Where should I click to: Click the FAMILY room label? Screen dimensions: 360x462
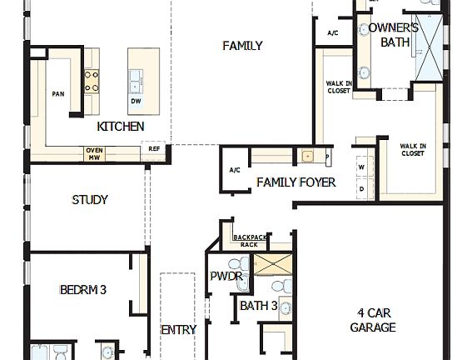point(242,46)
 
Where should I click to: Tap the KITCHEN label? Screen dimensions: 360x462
point(121,127)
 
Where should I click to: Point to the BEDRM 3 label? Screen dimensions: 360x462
point(83,290)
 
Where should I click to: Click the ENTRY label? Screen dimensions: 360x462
point(178,330)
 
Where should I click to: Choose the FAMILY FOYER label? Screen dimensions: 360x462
point(296,182)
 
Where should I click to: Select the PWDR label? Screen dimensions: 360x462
point(226,277)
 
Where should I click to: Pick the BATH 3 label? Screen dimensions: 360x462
point(258,306)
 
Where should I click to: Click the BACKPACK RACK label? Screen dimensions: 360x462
point(250,241)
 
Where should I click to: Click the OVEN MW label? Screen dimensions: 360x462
point(94,154)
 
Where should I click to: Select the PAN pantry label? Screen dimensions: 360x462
point(58,94)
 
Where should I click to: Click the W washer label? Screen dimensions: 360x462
point(362,167)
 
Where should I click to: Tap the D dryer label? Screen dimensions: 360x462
point(362,188)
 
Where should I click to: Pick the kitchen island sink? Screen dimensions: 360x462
point(136,82)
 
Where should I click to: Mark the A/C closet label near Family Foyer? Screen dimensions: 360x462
point(235,170)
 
